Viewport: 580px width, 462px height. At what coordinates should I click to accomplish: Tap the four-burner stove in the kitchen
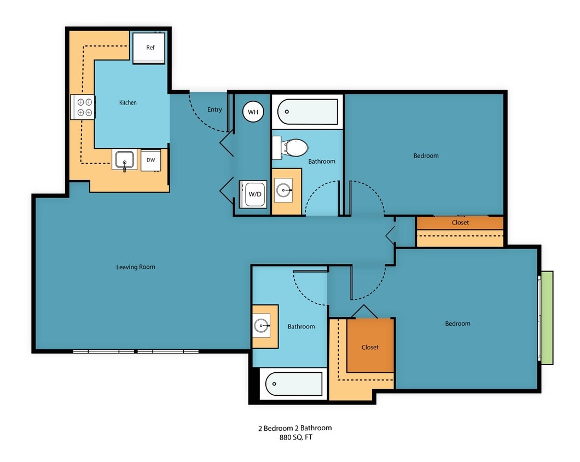[84, 107]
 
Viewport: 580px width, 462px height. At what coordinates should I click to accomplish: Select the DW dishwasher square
[151, 160]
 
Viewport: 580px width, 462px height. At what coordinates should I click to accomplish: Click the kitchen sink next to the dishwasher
[125, 160]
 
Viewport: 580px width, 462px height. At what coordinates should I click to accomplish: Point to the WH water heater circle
[253, 112]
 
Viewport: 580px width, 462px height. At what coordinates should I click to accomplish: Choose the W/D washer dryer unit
[255, 194]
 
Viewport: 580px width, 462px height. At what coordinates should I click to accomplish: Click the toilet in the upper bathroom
[292, 147]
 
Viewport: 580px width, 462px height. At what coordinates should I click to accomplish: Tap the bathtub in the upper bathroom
[308, 112]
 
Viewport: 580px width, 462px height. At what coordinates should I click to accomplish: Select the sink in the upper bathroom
[285, 190]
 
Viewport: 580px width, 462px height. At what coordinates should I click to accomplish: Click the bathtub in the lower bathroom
[294, 384]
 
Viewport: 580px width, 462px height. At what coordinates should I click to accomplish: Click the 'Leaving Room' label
[136, 267]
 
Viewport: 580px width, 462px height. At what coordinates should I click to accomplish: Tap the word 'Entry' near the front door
[214, 109]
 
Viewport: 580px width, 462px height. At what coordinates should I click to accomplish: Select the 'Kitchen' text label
[128, 102]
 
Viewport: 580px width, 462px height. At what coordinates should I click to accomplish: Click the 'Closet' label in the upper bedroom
[460, 223]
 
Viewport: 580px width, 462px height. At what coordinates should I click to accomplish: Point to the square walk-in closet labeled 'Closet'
[370, 346]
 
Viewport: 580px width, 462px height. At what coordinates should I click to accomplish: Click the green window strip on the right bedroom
[547, 317]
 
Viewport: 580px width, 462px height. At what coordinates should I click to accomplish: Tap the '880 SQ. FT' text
[295, 437]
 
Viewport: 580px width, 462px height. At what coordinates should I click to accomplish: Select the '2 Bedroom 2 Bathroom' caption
[295, 428]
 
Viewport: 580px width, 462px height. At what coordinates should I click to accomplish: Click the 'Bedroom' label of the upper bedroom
[426, 155]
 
